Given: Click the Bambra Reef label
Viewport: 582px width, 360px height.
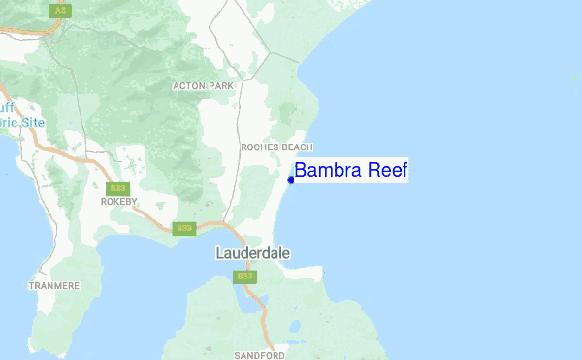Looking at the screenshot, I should [350, 171].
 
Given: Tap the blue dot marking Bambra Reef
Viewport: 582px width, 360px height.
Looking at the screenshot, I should [291, 179].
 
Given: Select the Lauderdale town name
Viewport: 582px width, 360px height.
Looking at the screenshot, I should [252, 253].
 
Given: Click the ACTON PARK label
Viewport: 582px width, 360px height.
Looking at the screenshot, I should [204, 85].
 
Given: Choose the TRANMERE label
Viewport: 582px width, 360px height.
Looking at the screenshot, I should [53, 285].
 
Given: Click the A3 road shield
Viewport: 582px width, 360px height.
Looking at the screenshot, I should [61, 9].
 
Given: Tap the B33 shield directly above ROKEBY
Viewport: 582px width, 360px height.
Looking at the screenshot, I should [117, 188].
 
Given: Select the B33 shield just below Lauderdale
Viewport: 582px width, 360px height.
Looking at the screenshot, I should [244, 277].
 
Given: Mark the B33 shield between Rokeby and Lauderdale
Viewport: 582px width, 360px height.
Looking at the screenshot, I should [184, 229].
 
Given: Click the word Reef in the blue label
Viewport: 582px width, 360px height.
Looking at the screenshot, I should [387, 171].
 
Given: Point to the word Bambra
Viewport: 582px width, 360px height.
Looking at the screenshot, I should [329, 171].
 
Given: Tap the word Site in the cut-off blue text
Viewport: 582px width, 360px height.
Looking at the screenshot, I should [33, 123].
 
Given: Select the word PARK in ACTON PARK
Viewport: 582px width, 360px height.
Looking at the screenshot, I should [221, 85].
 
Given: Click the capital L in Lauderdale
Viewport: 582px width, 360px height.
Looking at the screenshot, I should [218, 253].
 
